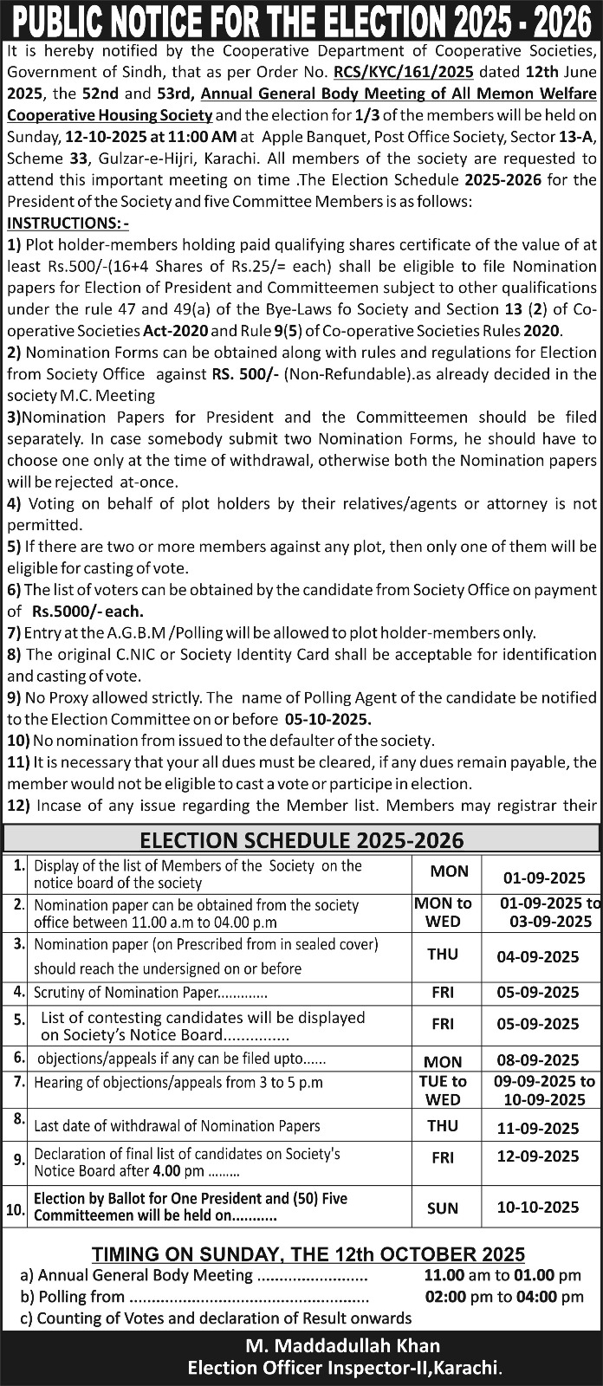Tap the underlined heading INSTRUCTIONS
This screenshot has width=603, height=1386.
click(68, 223)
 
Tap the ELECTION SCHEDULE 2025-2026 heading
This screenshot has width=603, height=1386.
click(301, 839)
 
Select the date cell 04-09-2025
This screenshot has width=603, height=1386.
click(538, 957)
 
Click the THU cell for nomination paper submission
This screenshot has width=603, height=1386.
click(443, 954)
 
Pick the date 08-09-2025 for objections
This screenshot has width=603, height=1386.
click(538, 1060)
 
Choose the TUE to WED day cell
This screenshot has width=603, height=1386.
click(443, 1091)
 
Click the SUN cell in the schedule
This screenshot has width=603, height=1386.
click(443, 1208)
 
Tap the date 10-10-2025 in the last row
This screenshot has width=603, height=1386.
click(538, 1207)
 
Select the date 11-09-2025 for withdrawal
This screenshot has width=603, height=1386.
click(538, 1128)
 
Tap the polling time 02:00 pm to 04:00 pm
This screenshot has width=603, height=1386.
click(503, 1297)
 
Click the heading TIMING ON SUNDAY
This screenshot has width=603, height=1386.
click(308, 1254)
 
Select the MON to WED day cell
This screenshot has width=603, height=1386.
click(443, 912)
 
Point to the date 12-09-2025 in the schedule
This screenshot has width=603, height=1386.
click(538, 1156)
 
